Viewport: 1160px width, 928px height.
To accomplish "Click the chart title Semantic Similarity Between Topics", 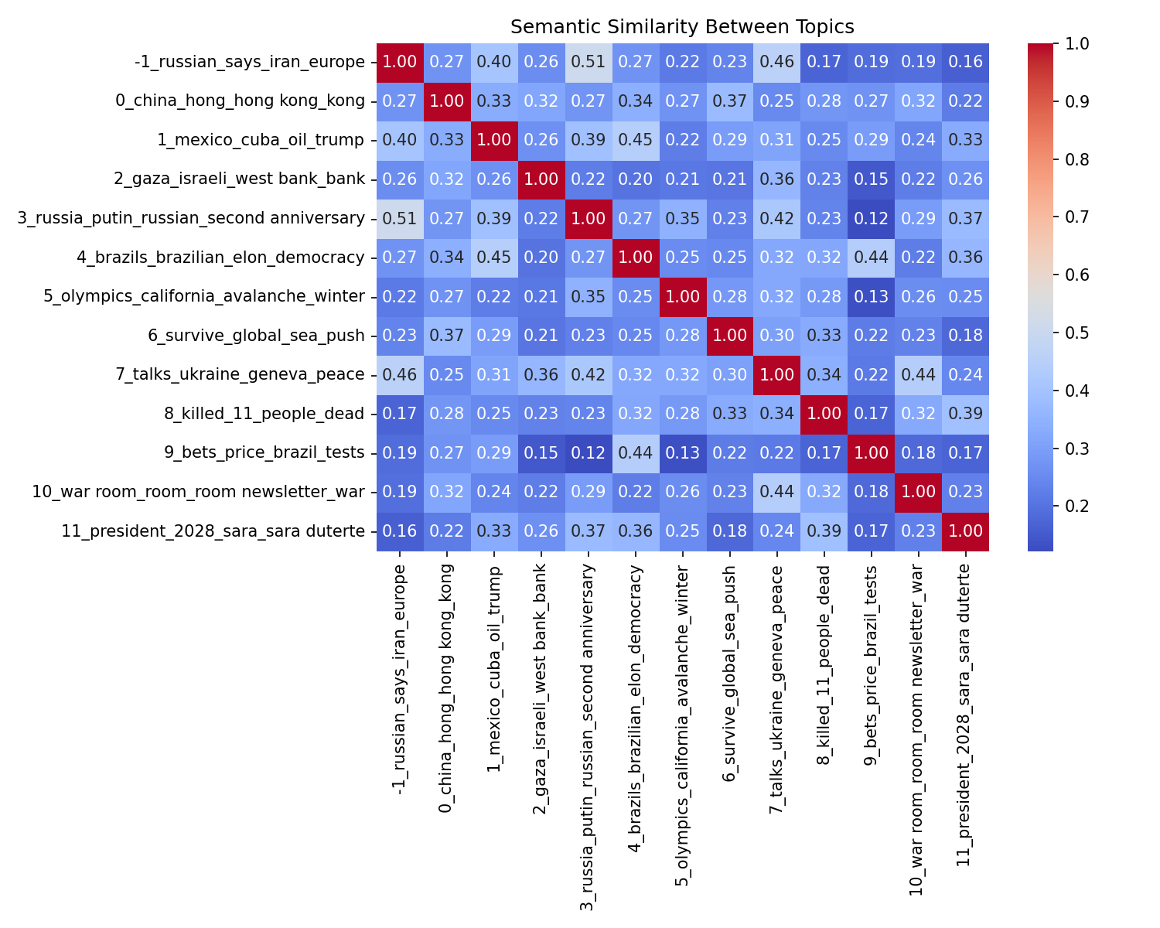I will coord(682,27).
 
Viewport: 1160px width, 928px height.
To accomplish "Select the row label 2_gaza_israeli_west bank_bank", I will coord(239,179).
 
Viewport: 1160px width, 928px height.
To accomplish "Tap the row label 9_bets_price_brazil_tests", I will coord(264,453).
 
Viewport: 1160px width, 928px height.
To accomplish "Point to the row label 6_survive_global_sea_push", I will coord(256,336).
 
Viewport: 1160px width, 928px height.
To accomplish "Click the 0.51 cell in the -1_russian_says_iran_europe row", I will coord(589,63).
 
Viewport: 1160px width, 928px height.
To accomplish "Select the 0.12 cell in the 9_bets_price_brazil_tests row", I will coord(589,453).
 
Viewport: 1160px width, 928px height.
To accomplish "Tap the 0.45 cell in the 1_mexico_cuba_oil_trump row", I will coord(636,141).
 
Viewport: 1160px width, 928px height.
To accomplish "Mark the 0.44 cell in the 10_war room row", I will coord(776,492).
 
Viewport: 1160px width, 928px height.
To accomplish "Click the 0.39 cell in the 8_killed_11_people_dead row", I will coord(965,414).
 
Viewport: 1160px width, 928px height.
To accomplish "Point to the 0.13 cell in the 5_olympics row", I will coord(871,297).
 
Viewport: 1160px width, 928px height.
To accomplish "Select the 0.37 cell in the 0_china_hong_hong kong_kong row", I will coord(729,101).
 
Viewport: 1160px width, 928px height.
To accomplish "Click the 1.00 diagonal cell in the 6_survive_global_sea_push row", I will coord(729,336).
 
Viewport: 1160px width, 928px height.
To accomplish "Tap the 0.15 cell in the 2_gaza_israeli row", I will coord(871,179).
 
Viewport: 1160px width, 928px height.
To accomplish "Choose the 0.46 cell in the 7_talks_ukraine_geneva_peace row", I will coord(400,375).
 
